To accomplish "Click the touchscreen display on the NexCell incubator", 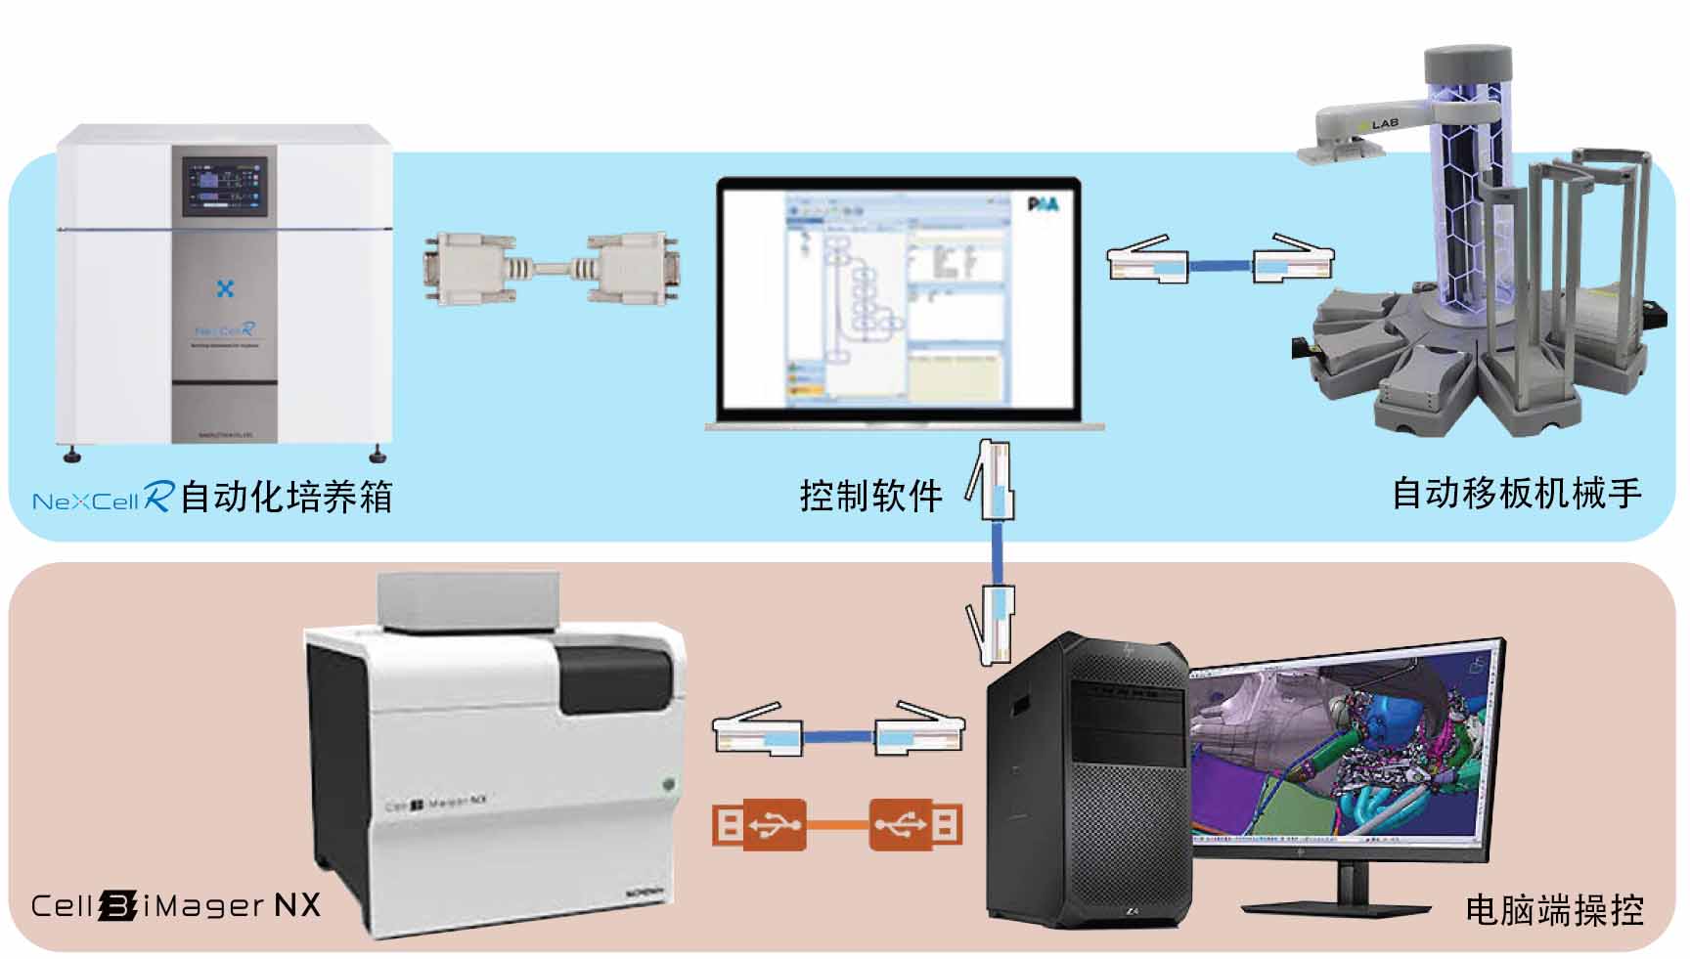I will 225,186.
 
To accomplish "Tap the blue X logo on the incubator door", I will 225,289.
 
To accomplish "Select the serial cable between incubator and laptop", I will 552,268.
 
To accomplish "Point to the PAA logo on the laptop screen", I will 1043,204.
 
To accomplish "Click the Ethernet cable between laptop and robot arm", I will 1221,261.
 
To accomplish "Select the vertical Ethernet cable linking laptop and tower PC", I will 995,553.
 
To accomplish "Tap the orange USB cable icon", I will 837,824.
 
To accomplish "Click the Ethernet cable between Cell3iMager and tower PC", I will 838,733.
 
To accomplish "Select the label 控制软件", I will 870,496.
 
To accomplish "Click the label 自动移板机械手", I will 1516,493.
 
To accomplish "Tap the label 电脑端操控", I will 1553,909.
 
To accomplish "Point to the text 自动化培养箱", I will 287,497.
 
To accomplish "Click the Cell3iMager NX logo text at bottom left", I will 176,904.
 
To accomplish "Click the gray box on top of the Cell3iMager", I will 467,600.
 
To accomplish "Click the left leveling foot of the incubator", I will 71,454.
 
